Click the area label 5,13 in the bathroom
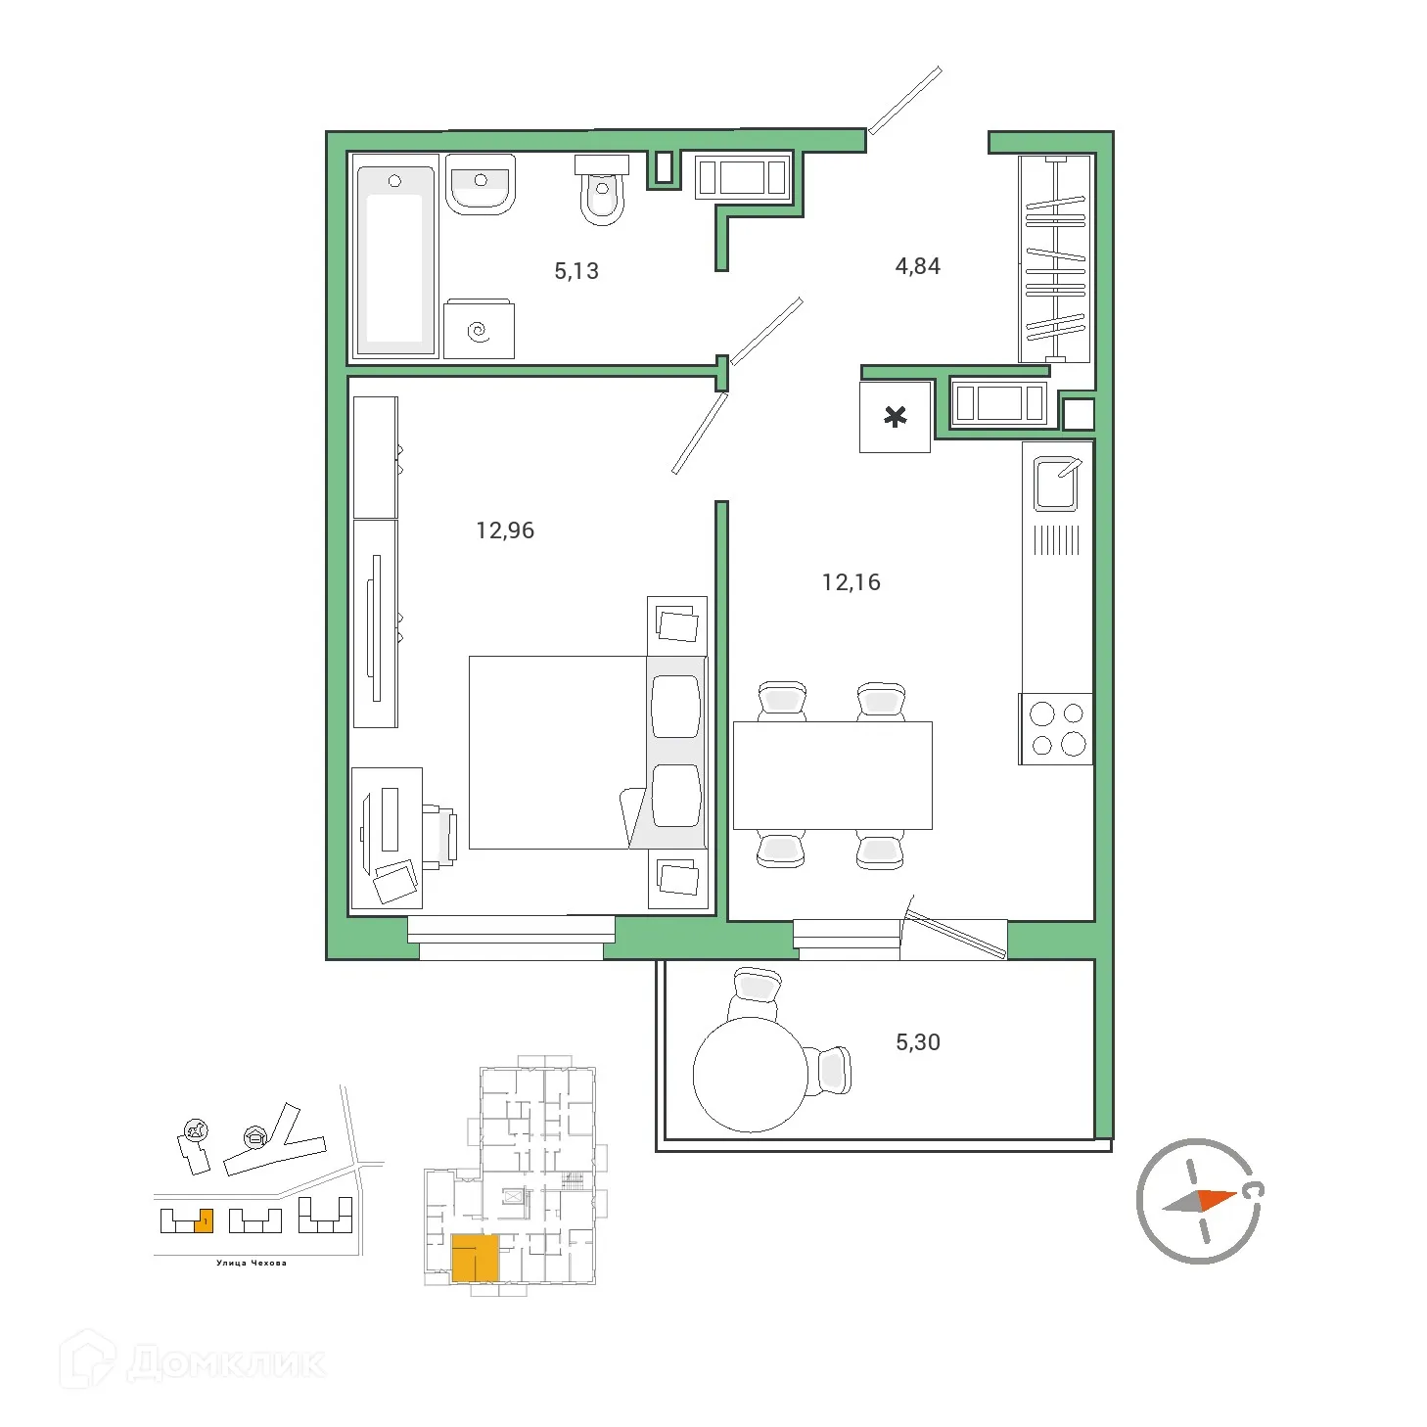pos(575,271)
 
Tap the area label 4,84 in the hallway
pos(917,266)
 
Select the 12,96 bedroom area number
pos(505,530)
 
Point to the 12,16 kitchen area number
pos(851,582)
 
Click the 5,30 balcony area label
pos(917,1042)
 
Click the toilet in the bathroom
pos(602,192)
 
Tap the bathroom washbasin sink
pos(480,184)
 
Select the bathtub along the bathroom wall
pos(394,258)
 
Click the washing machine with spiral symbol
pos(479,330)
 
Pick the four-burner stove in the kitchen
pos(1057,729)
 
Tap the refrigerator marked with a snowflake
pos(895,418)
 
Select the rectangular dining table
pos(832,775)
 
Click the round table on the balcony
pos(750,1075)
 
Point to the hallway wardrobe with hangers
pos(1055,258)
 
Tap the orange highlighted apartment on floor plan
pos(475,1258)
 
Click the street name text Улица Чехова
pos(252,1263)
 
